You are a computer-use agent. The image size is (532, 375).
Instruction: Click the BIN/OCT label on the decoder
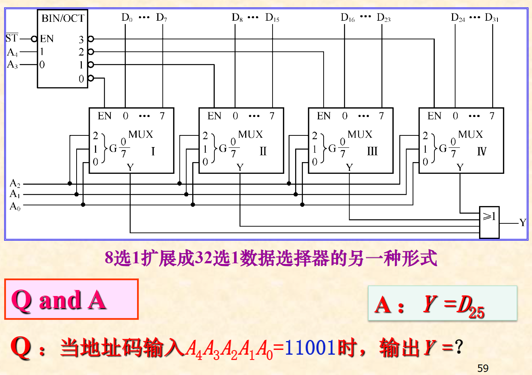[63, 18]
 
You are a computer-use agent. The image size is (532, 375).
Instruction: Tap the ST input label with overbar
[12, 38]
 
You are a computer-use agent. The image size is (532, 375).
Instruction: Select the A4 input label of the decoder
[12, 52]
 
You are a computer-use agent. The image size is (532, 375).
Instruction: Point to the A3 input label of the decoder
[12, 65]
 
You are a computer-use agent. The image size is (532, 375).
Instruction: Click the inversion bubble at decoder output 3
[90, 39]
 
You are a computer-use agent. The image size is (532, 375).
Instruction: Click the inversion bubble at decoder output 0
[90, 78]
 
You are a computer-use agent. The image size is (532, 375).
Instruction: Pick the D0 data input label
[127, 18]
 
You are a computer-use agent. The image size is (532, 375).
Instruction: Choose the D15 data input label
[272, 18]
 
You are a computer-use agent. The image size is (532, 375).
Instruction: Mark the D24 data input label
[458, 18]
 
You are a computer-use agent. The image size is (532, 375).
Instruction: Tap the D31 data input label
[491, 18]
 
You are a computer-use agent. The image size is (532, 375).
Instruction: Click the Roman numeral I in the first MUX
[153, 151]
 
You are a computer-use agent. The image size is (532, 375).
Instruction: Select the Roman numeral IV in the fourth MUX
[481, 151]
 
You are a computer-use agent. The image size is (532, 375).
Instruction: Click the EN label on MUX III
[324, 116]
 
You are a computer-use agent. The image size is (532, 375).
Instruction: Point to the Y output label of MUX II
[240, 167]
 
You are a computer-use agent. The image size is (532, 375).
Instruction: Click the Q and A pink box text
[59, 300]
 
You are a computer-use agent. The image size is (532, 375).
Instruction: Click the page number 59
[483, 368]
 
